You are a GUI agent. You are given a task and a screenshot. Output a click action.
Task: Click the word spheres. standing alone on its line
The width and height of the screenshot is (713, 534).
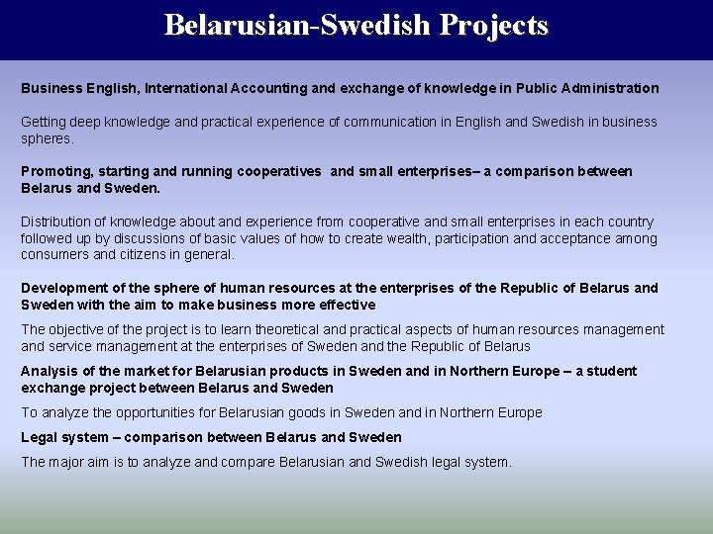(48, 138)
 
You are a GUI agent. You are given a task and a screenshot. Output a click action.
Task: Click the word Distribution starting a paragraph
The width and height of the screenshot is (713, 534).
(59, 222)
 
